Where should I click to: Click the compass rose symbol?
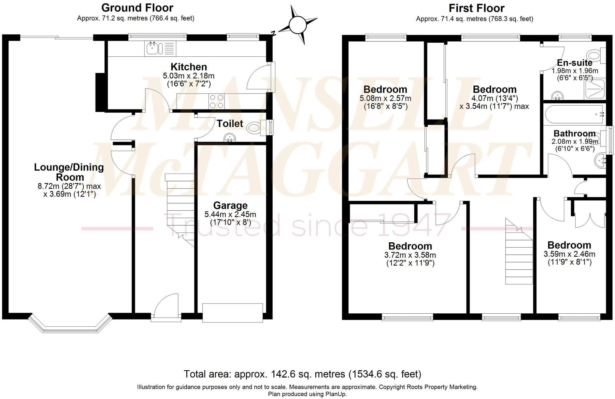[x=297, y=25]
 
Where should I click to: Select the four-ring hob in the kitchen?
[x=216, y=101]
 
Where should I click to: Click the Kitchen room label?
[x=189, y=67]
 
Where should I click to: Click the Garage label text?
[x=230, y=206]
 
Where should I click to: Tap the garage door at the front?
[x=232, y=313]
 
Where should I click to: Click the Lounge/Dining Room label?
[x=69, y=172]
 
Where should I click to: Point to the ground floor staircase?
[x=180, y=208]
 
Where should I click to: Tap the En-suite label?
[x=575, y=63]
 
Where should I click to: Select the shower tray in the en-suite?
[x=596, y=89]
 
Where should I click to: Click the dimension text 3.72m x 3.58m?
[x=410, y=255]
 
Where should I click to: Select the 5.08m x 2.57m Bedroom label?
[x=385, y=89]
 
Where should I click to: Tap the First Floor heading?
[x=477, y=8]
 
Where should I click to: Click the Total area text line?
[x=302, y=374]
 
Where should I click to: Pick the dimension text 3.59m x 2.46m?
[x=569, y=254]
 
